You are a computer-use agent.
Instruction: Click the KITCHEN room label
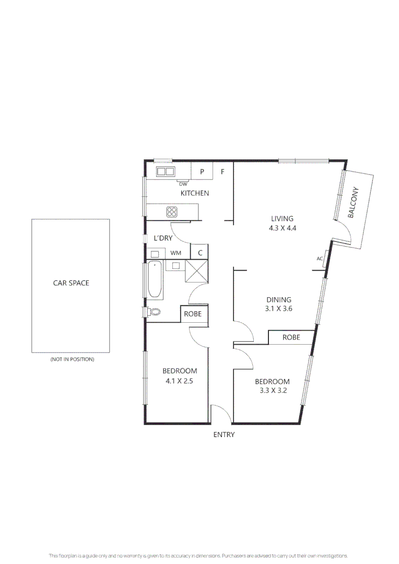tap(195, 193)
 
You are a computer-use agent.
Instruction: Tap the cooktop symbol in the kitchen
tap(172, 211)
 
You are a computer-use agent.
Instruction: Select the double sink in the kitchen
tap(165, 171)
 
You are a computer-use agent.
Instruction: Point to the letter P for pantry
tap(202, 171)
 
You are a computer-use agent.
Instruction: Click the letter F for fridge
tap(222, 171)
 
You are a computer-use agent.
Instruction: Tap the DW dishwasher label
tap(183, 184)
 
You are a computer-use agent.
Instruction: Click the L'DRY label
tap(163, 238)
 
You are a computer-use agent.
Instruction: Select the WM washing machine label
tap(176, 253)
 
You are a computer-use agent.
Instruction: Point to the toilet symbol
tap(152, 312)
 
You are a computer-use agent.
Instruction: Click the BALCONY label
tap(354, 203)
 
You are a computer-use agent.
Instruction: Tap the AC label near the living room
tap(320, 258)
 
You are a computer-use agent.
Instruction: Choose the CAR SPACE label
tap(71, 283)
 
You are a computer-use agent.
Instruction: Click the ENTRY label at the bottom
tap(224, 434)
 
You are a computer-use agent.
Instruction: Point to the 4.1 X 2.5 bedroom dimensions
tap(179, 381)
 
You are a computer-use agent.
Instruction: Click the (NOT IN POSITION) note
tap(72, 359)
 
